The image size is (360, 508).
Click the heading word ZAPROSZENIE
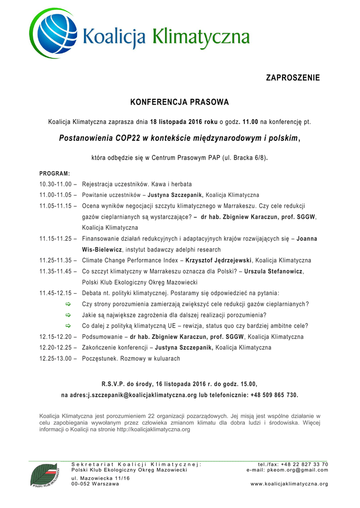tap(293, 78)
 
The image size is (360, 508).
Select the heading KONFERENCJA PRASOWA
tap(179, 103)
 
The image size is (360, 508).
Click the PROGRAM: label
tap(55, 173)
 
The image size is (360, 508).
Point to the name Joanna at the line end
tap(307, 239)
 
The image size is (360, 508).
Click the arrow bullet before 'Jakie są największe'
tap(69, 315)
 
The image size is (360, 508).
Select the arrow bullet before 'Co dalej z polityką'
tap(69, 326)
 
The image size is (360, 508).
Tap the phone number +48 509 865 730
tap(269, 395)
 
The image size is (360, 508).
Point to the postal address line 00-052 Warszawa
tap(95, 484)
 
